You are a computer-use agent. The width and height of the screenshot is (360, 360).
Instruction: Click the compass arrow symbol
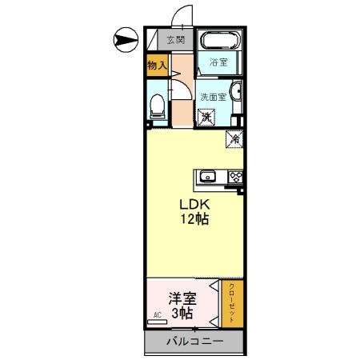[126, 37]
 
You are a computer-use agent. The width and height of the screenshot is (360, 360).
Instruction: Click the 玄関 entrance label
[176, 39]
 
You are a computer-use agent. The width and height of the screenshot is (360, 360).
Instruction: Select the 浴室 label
[219, 62]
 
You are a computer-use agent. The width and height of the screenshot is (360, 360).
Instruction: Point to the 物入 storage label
[156, 66]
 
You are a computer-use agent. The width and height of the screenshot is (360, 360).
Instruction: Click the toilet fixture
[158, 104]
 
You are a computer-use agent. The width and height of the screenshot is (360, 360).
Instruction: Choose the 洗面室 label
[214, 93]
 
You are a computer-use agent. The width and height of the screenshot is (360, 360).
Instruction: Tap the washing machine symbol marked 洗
[206, 118]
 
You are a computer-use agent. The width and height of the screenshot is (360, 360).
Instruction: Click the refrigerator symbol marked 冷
[235, 138]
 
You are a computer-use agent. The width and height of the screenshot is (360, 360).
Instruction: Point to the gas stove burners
[236, 177]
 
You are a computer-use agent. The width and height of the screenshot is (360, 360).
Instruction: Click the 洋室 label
[181, 298]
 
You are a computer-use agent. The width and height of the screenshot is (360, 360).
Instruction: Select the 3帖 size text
[182, 314]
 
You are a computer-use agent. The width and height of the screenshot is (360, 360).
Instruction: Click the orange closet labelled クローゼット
[232, 302]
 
